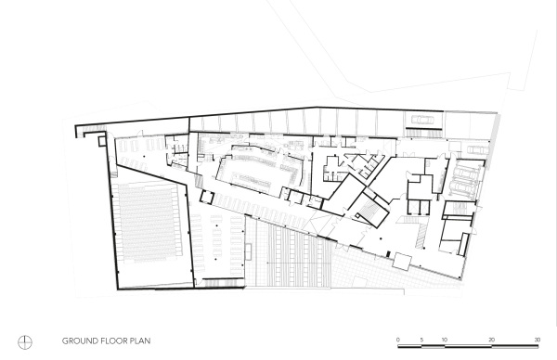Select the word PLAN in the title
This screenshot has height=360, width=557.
(x=140, y=341)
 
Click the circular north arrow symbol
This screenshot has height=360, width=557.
(x=25, y=342)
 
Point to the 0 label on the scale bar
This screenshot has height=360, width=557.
(x=398, y=340)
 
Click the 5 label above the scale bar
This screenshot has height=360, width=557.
(x=421, y=340)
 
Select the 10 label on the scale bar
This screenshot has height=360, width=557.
(x=445, y=340)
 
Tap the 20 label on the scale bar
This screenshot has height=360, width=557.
(x=491, y=340)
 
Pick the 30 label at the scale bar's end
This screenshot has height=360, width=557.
(x=538, y=340)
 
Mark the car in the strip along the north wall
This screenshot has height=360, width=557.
(x=422, y=120)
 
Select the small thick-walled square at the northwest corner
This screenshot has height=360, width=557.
(x=102, y=141)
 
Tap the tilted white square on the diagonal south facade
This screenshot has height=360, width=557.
(x=402, y=262)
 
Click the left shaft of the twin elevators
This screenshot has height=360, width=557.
(x=414, y=207)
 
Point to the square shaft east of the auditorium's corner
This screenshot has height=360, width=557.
(x=207, y=197)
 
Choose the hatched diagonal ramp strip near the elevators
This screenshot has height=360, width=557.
(x=421, y=236)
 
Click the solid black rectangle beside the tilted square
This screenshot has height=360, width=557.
(x=388, y=254)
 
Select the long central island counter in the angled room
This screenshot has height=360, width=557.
(x=253, y=178)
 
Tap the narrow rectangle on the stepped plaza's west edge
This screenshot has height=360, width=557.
(x=248, y=251)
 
